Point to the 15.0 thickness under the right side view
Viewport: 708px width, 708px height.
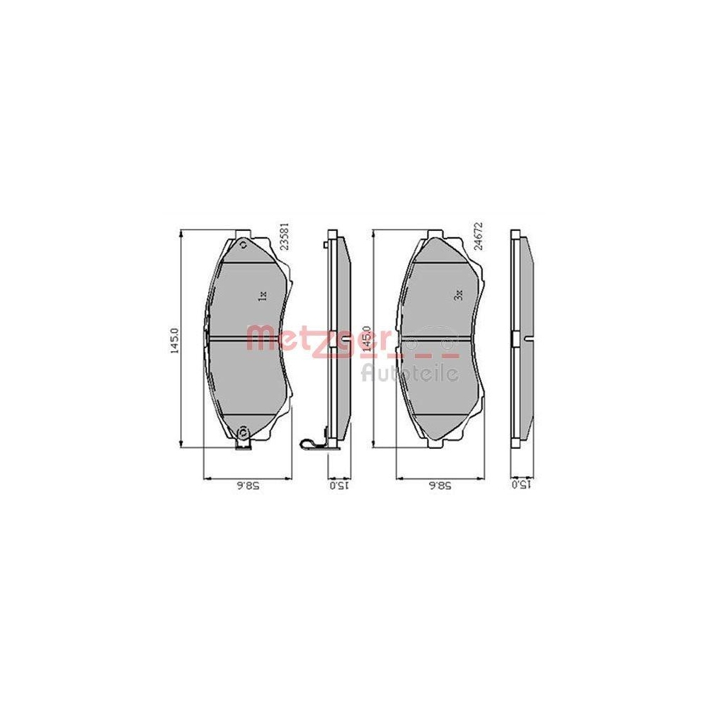pos(520,486)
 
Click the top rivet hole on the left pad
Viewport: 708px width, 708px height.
pos(244,246)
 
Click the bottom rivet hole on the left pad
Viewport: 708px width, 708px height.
pos(244,433)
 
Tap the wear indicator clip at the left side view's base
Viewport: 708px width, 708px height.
pos(312,444)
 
